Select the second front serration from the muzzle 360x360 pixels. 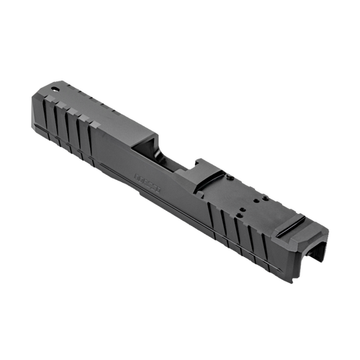click(x=58, y=123)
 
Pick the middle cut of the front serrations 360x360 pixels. click(x=68, y=130)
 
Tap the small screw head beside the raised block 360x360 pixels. click(x=230, y=176)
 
